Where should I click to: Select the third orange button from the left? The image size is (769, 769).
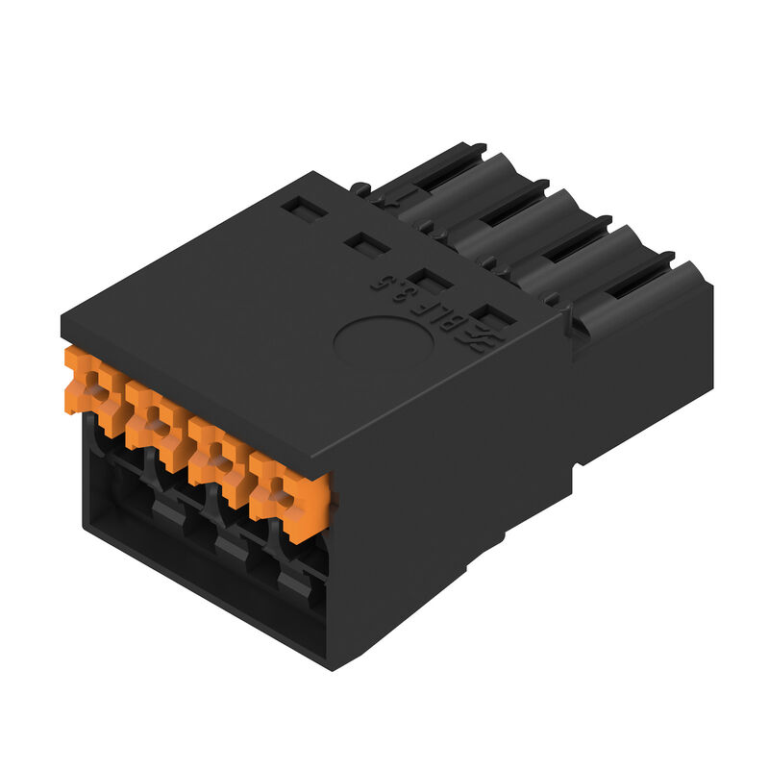[x=215, y=451]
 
